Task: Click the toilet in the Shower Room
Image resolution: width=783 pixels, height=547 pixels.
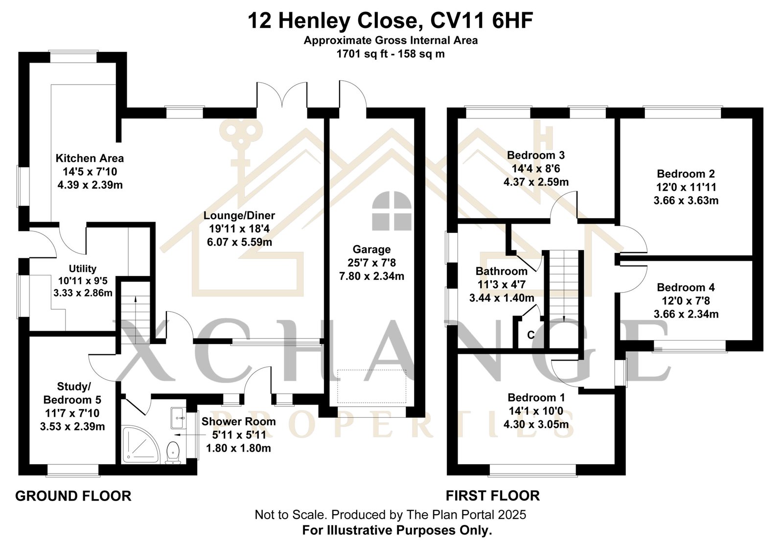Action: [173, 453]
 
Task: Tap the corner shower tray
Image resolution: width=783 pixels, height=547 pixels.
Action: [141, 445]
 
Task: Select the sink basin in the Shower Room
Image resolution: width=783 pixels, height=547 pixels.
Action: [179, 417]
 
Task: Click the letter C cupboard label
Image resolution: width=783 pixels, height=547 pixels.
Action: [531, 335]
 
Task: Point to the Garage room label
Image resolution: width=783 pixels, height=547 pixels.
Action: [371, 249]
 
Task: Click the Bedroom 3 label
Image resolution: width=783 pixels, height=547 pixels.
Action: [536, 155]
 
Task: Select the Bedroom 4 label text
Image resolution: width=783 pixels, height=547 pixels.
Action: [686, 287]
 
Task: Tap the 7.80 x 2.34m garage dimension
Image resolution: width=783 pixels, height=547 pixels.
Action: [371, 276]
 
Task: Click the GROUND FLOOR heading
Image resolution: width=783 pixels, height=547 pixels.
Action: [73, 496]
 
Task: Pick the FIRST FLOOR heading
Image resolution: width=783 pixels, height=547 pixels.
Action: [493, 496]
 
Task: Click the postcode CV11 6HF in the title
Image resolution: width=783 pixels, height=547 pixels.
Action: [482, 21]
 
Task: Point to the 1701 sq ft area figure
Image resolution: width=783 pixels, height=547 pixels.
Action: [362, 54]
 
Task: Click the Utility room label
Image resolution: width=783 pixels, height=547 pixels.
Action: [83, 269]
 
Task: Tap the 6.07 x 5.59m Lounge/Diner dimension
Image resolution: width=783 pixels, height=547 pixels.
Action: [239, 242]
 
